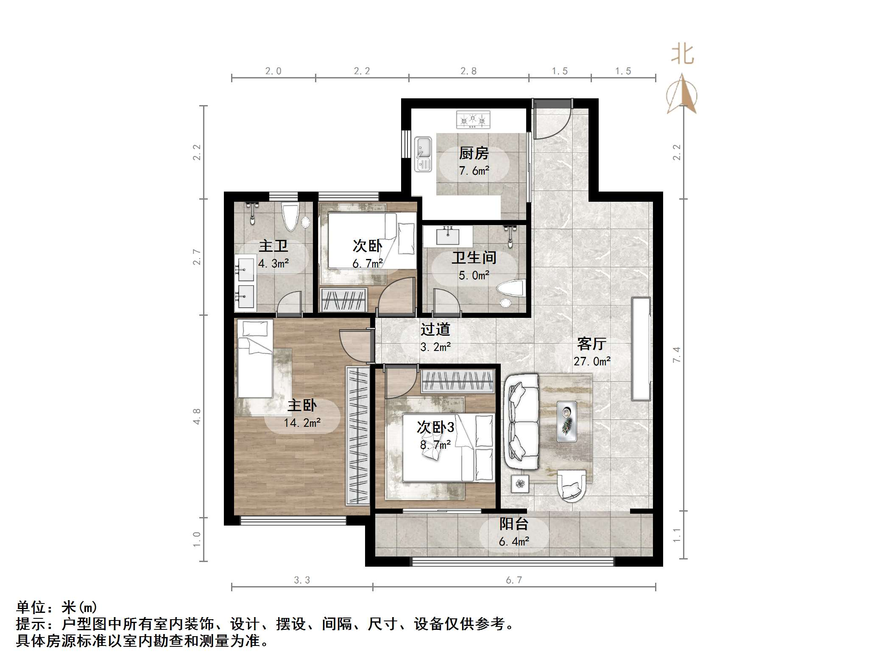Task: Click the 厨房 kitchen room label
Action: (474, 153)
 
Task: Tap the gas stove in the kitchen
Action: (473, 120)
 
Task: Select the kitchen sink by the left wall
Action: (423, 154)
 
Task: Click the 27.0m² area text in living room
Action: (592, 362)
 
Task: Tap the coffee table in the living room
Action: (566, 421)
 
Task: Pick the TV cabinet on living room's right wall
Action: (641, 349)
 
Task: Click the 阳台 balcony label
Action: (513, 524)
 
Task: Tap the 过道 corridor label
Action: (435, 329)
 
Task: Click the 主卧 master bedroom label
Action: (302, 405)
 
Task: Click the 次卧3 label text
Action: (435, 427)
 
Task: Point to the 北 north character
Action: (682, 55)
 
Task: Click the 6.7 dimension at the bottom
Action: (514, 580)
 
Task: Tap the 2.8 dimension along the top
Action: (469, 71)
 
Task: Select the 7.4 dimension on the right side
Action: (676, 354)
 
